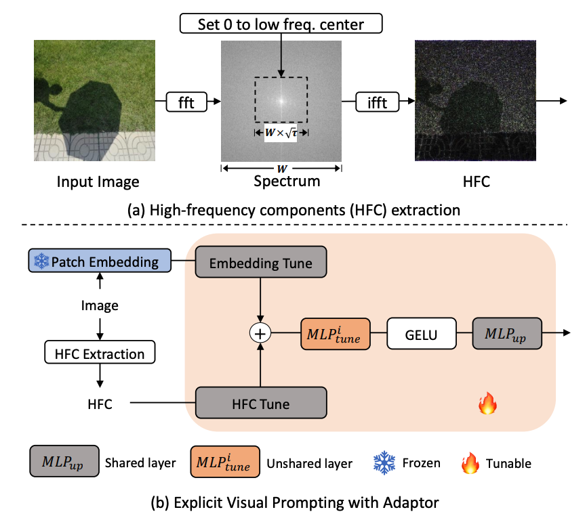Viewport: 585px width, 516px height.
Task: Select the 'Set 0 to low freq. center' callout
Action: coord(281,25)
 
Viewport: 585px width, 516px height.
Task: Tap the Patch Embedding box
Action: coord(98,261)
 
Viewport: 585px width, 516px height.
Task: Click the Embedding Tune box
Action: coord(262,263)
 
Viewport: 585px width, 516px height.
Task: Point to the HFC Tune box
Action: coord(262,404)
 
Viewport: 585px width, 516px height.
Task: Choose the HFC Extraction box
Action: coord(100,353)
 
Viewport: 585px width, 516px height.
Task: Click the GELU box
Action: coord(421,333)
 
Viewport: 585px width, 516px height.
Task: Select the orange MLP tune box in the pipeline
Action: coord(336,333)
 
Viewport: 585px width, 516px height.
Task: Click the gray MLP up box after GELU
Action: coord(506,333)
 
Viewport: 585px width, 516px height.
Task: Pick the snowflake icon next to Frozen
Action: coord(384,463)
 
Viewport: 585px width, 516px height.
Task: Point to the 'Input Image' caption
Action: coord(98,181)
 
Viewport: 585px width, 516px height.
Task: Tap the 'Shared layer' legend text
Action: coord(140,464)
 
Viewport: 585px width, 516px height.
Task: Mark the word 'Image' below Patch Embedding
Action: coord(100,305)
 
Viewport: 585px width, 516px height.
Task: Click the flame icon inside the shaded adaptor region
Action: coord(487,405)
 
